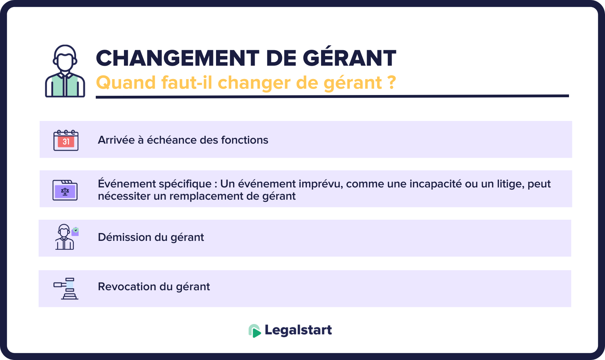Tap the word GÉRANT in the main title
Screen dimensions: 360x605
click(x=349, y=58)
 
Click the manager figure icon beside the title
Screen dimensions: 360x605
click(x=65, y=71)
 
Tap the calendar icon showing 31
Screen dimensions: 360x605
click(x=66, y=140)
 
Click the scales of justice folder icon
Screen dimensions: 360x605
click(x=65, y=190)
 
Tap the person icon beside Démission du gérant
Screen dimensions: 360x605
click(x=66, y=237)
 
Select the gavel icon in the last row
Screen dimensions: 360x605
click(x=66, y=288)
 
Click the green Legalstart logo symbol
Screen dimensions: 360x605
click(x=254, y=330)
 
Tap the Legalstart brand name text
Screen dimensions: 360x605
click(x=298, y=330)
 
